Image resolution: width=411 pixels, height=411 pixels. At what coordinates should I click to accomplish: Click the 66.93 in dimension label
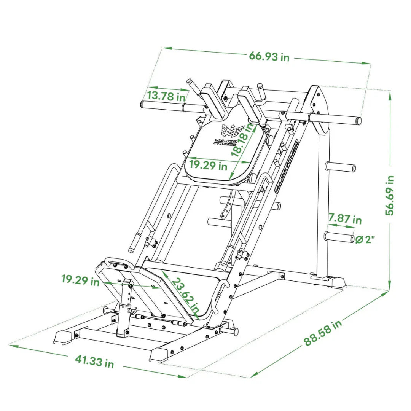pyautogui.click(x=269, y=56)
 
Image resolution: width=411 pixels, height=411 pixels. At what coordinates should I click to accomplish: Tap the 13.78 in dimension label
pyautogui.click(x=166, y=96)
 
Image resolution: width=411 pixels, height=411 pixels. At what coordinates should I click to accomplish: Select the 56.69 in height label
pyautogui.click(x=390, y=195)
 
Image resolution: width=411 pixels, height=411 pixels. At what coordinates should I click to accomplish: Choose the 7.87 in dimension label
pyautogui.click(x=345, y=218)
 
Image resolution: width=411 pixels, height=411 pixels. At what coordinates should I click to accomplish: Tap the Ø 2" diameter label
pyautogui.click(x=365, y=239)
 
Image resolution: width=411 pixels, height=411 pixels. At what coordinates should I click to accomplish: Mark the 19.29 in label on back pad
pyautogui.click(x=208, y=165)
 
